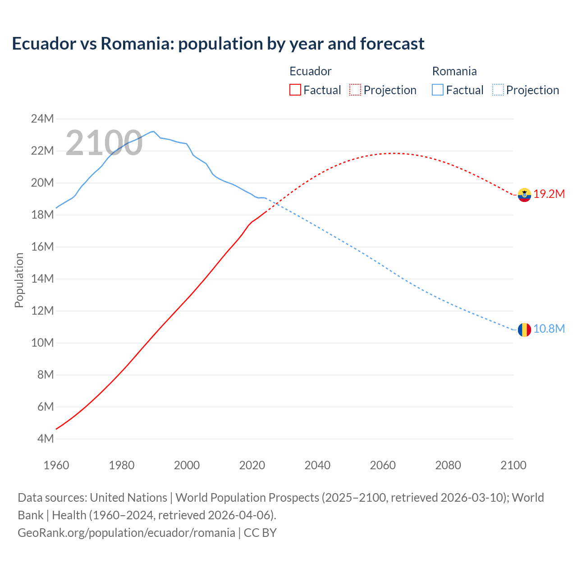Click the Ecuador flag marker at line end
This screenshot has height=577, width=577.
coord(524,195)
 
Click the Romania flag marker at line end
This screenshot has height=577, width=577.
coord(524,330)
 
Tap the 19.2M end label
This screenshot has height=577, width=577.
coord(549,194)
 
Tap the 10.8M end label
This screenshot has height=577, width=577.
coord(549,329)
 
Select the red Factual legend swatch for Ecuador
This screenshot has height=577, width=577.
coord(295,90)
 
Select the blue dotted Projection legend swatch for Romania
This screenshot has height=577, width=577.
coord(498,90)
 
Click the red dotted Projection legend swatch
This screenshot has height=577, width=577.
coord(355,90)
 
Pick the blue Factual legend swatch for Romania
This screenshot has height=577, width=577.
coord(438,90)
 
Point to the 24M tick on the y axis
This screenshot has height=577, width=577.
coord(42,119)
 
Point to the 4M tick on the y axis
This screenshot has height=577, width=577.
coord(45,439)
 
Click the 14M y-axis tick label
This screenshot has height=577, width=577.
coord(42,279)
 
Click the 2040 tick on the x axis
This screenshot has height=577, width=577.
coord(317,465)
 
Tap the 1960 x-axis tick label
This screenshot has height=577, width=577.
coord(56,465)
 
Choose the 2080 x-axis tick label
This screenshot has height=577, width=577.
coord(448,465)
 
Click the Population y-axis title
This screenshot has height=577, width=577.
coord(19,280)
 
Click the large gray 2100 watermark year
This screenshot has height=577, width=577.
coord(104,143)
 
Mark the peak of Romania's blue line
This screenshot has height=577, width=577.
coord(154,131)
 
